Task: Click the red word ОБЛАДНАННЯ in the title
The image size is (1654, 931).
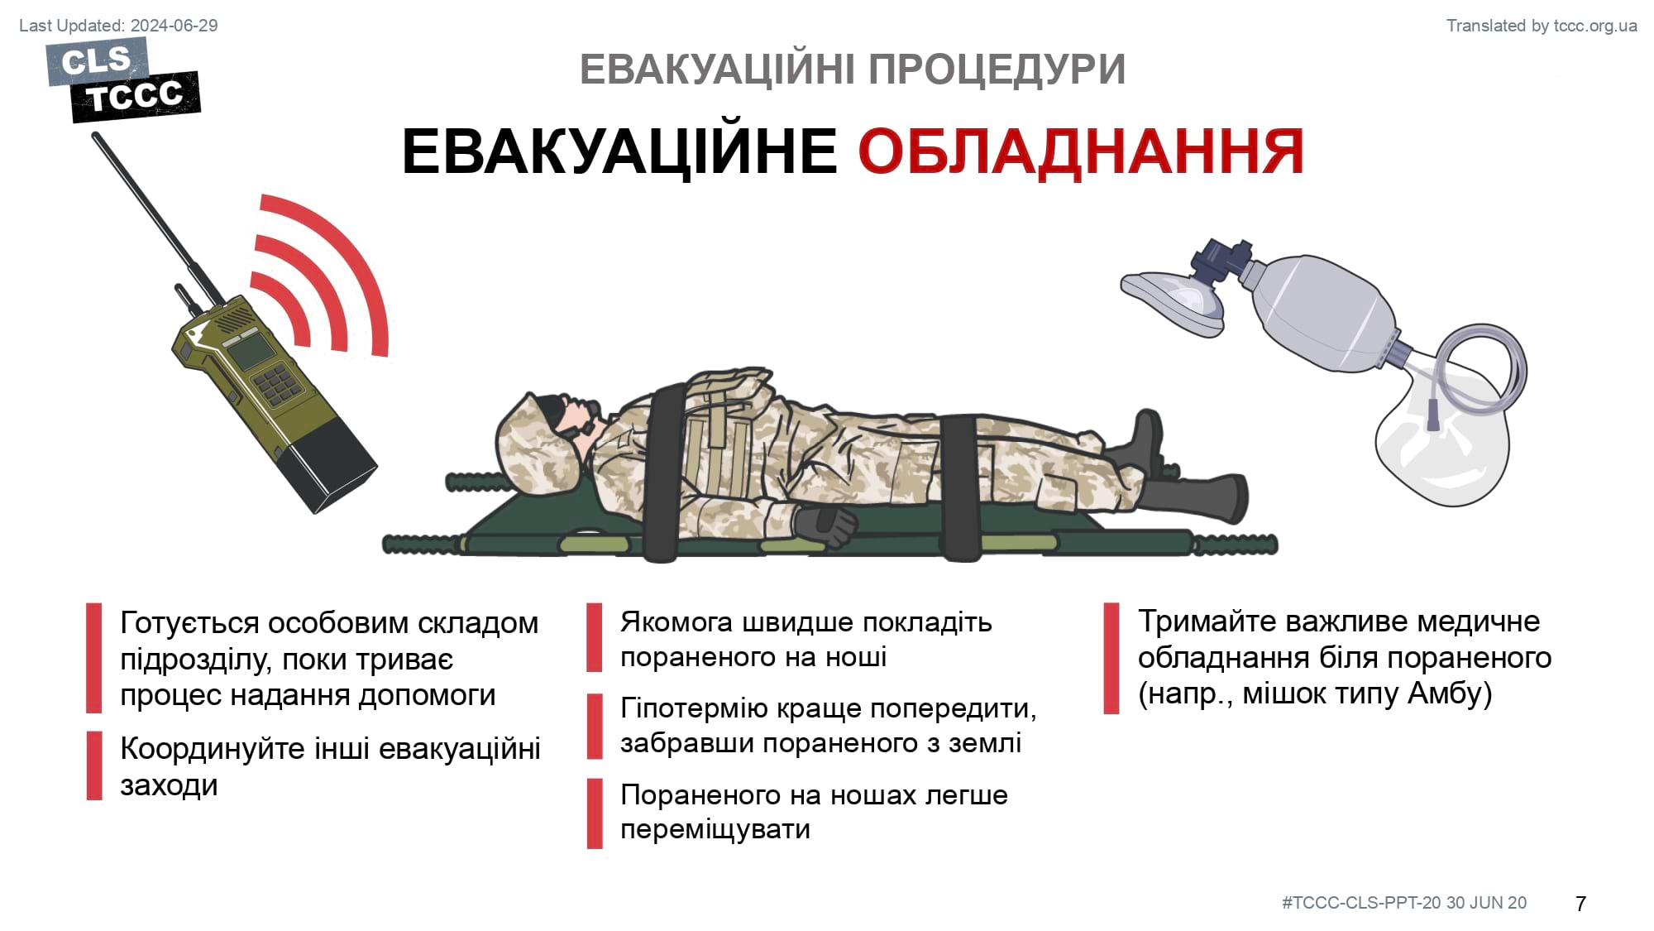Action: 1081,152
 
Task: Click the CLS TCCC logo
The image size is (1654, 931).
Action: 125,80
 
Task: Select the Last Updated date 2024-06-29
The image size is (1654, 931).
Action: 174,26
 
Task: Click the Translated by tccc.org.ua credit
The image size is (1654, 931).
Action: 1542,26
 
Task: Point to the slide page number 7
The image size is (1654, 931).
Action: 1580,904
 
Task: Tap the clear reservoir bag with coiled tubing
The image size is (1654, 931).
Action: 1447,421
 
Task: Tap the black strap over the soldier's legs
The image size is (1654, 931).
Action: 961,488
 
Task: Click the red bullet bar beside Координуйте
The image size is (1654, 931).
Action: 94,765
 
